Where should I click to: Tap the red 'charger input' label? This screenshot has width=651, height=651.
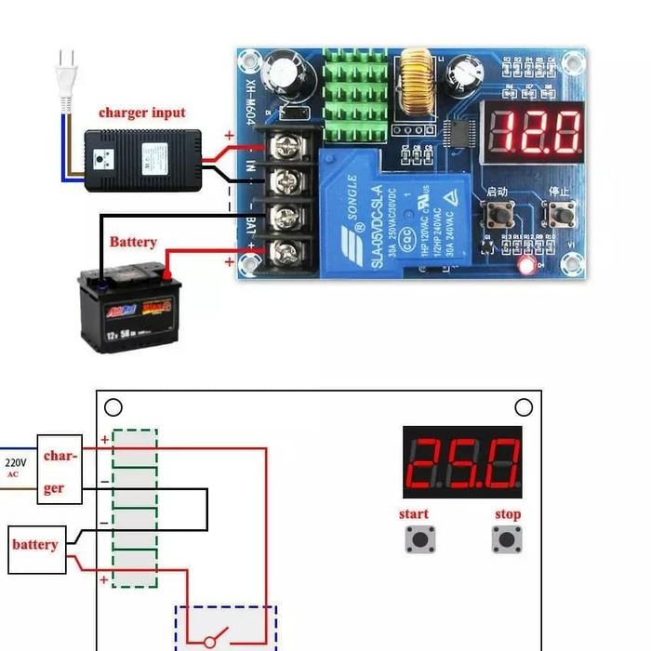coord(142,113)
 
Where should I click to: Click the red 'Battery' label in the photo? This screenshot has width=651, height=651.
coord(133,242)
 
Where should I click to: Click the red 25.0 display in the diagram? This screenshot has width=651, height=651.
coord(462,462)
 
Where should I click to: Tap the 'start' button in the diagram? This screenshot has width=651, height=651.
coord(419,538)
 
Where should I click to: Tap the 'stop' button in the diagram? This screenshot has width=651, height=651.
coord(506,538)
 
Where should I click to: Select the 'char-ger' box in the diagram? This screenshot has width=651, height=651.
coord(60,470)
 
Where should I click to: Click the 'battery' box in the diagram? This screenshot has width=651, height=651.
coord(34,545)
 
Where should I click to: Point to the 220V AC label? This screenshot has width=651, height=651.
coord(16,466)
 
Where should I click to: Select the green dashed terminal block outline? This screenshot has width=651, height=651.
coord(134,508)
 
